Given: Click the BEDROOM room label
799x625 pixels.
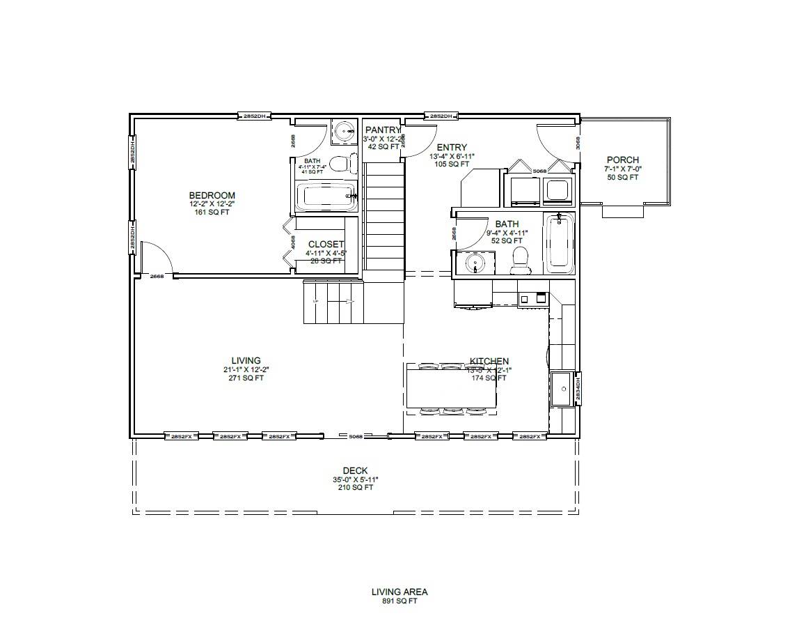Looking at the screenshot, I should pos(212,195).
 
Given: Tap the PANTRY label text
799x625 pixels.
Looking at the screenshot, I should pos(383,130).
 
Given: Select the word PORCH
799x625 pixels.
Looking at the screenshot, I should pos(622,160).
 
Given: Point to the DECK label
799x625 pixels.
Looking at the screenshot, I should pos(355,470).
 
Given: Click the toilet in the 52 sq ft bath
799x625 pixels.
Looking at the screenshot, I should pos(519,260).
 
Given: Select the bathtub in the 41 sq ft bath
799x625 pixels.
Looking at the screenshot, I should pos(326,197).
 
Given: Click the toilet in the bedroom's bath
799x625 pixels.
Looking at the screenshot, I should pos(339,164).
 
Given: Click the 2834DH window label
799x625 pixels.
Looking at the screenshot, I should pos(579,388).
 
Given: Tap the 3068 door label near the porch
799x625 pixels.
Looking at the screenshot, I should pos(578,142).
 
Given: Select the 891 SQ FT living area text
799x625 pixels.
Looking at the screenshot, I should pos(399,601).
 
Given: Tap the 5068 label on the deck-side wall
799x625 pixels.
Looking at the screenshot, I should pos(356,436).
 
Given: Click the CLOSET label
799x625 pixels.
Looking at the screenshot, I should pos(326,245).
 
